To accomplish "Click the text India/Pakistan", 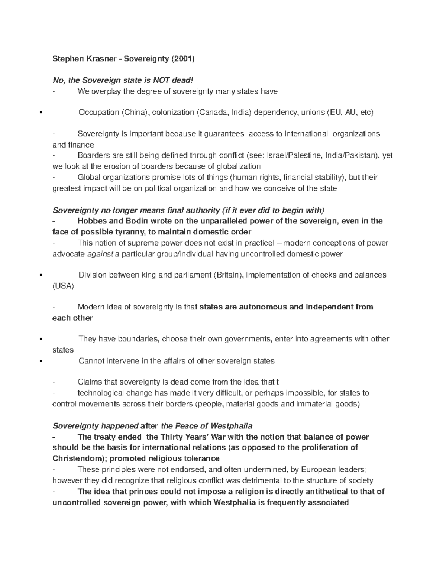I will (x=353, y=155).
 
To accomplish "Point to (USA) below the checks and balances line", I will (x=63, y=286).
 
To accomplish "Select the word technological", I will (x=101, y=393).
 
